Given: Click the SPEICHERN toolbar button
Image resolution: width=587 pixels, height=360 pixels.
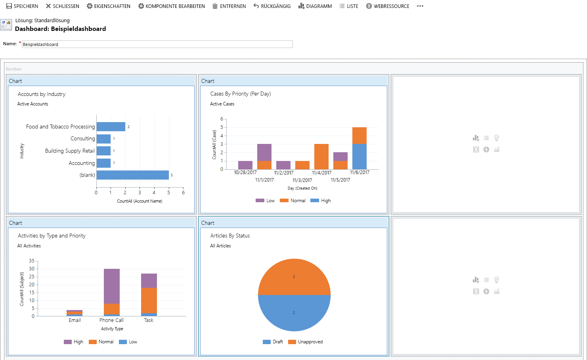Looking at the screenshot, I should pyautogui.click(x=22, y=6).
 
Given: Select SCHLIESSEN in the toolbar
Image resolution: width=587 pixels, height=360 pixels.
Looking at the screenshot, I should pyautogui.click(x=63, y=6).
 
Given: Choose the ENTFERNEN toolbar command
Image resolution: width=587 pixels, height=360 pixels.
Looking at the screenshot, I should pyautogui.click(x=229, y=6).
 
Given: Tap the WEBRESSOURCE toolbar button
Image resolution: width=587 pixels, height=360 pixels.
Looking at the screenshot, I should pyautogui.click(x=388, y=6).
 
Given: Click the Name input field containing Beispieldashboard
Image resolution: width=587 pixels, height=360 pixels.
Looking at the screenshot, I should pyautogui.click(x=157, y=44).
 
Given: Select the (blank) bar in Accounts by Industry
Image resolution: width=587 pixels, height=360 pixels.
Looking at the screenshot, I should pyautogui.click(x=132, y=175).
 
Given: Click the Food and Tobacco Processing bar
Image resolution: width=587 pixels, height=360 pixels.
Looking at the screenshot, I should pyautogui.click(x=111, y=126).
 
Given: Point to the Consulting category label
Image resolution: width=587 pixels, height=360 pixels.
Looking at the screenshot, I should pyautogui.click(x=82, y=139).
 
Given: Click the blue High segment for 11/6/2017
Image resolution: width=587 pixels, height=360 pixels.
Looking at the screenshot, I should pyautogui.click(x=359, y=157).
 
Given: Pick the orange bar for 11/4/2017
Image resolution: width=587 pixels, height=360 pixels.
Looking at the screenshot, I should pyautogui.click(x=321, y=157).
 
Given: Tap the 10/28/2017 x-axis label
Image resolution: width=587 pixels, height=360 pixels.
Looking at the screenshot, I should pyautogui.click(x=245, y=172).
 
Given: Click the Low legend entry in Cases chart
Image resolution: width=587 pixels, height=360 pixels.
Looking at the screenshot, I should pyautogui.click(x=266, y=201).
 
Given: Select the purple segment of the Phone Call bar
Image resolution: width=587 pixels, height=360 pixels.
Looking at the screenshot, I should pyautogui.click(x=111, y=286).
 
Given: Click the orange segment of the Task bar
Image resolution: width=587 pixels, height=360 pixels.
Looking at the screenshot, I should pyautogui.click(x=149, y=300).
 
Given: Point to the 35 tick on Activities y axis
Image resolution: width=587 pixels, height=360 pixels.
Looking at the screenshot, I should pyautogui.click(x=32, y=261).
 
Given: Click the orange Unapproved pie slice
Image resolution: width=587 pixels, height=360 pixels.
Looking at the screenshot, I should pyautogui.click(x=294, y=276).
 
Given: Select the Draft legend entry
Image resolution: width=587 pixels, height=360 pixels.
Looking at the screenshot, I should pyautogui.click(x=273, y=342).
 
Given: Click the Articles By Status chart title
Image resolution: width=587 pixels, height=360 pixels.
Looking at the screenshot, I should pyautogui.click(x=230, y=236).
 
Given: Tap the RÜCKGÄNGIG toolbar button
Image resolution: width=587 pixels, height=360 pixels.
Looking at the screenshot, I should pyautogui.click(x=272, y=6).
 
